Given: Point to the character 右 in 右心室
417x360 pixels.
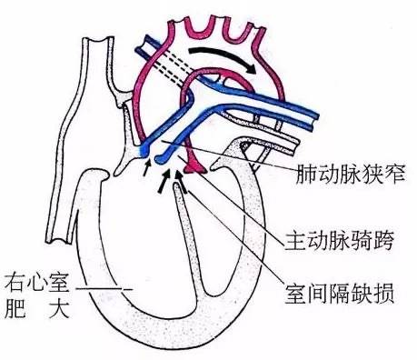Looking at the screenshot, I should (15, 278).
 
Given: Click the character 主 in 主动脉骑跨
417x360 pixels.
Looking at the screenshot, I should (308, 243).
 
